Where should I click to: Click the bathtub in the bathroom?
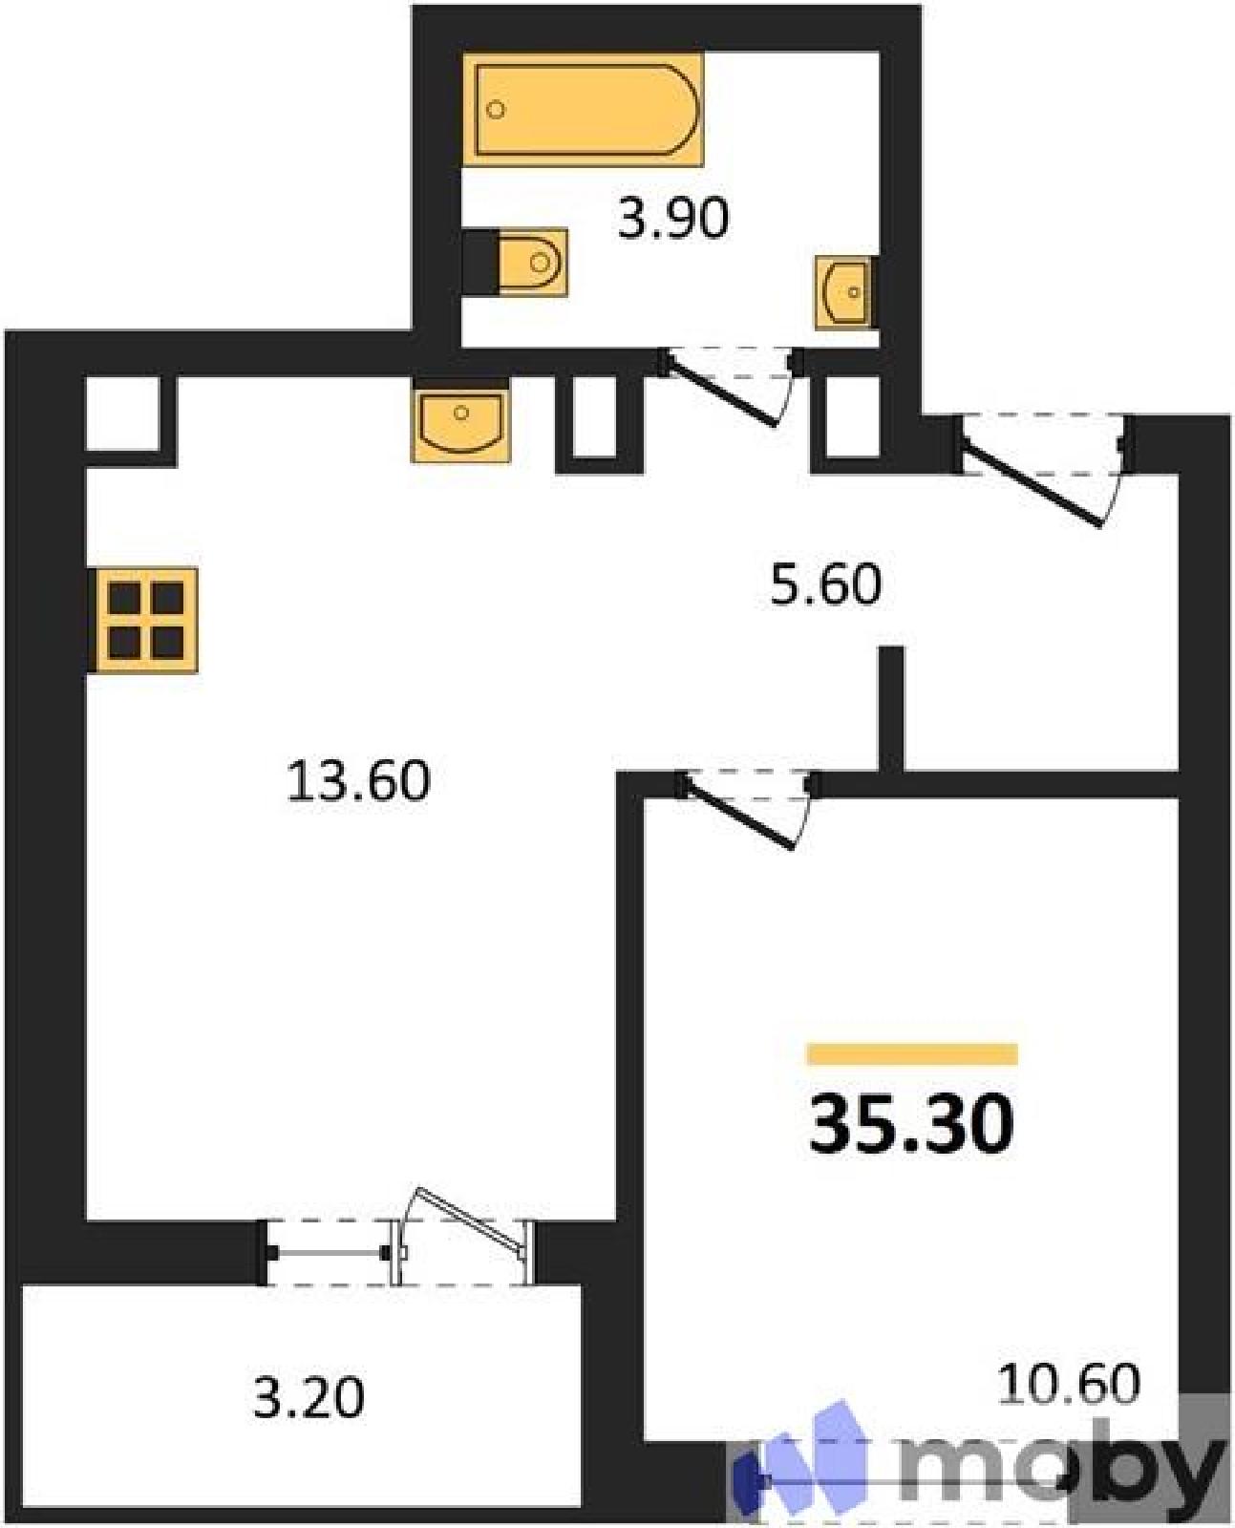point(582,109)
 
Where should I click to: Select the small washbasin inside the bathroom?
point(845,292)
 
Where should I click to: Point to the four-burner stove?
point(143,620)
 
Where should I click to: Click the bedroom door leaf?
point(739,815)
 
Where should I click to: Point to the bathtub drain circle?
point(495,110)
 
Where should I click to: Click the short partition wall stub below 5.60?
point(892,710)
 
